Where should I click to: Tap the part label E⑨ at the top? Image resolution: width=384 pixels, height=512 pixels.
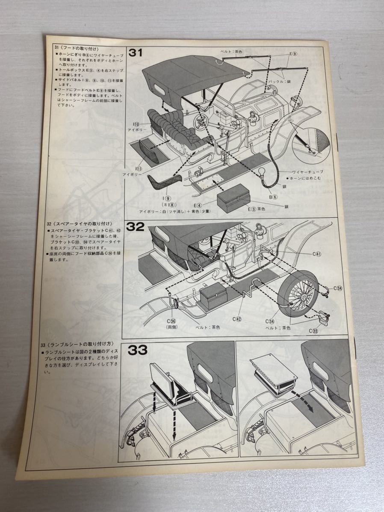tap(292, 54)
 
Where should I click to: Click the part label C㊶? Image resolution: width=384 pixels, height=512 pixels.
tap(316, 253)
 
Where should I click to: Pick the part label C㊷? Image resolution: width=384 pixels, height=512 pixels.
tap(238, 319)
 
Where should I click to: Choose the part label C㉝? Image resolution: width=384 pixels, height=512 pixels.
tap(314, 330)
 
